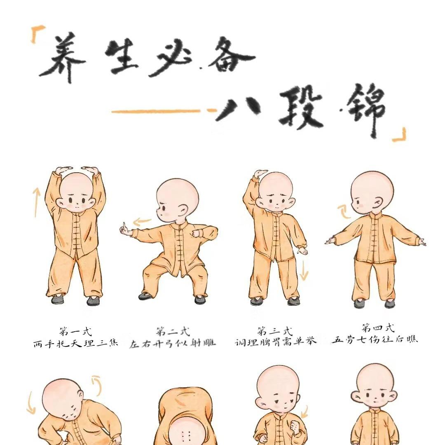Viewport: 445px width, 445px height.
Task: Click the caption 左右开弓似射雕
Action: click(173, 343)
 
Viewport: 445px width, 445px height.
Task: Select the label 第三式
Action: click(275, 331)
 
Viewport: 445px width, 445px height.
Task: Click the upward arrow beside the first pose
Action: click(36, 202)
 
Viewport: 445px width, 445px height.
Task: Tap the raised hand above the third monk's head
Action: click(261, 174)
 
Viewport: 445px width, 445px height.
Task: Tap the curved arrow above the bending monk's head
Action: click(97, 385)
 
